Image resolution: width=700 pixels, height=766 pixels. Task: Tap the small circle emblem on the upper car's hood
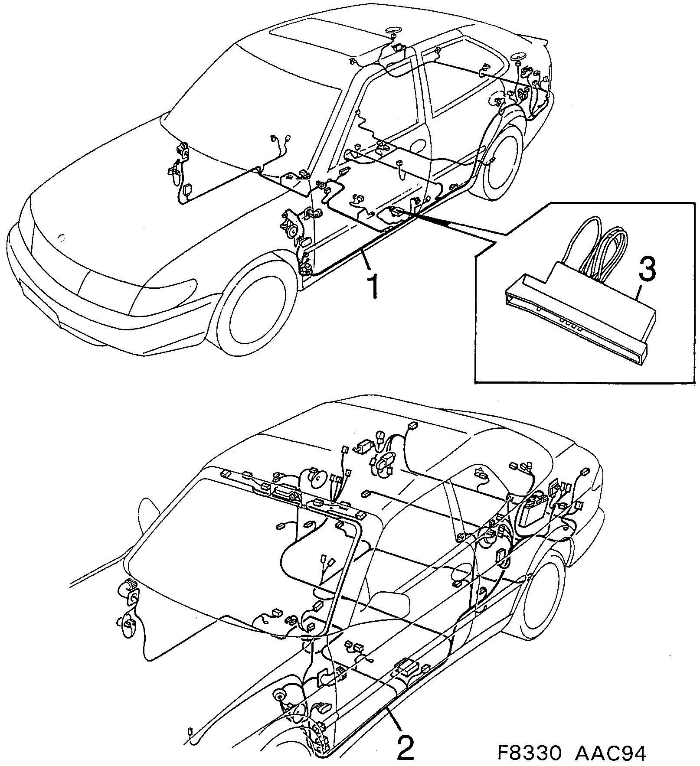(x=62, y=237)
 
